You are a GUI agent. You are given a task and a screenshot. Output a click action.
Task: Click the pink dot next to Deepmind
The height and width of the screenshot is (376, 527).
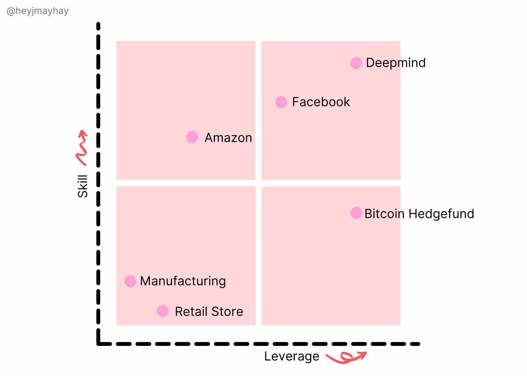pos(356,63)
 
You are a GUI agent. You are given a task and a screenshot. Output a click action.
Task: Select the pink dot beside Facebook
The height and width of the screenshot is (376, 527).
pos(281,102)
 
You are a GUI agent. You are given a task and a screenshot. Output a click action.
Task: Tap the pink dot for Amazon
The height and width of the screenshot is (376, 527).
pos(192,137)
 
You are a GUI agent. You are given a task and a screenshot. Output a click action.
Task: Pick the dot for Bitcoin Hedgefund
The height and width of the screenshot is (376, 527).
pos(356,213)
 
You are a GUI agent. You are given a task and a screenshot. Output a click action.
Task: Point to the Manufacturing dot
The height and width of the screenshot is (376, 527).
pos(130,281)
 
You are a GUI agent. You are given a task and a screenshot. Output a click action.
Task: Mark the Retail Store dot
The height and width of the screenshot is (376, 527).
pos(163,311)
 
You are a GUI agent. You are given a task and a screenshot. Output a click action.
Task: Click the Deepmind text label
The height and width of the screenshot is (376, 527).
pos(396,63)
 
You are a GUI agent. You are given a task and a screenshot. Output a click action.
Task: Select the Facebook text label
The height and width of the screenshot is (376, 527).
pos(321,102)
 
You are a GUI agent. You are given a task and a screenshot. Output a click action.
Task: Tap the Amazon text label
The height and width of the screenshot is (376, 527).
pos(228,138)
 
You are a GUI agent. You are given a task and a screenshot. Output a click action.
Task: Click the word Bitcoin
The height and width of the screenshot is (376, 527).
pos(384,214)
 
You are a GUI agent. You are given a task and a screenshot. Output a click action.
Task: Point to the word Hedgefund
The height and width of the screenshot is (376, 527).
pos(441,214)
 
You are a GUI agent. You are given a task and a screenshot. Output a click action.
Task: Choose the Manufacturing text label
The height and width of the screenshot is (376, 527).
pos(183,281)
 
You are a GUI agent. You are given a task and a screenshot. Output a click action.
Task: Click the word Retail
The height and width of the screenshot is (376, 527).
pos(191,312)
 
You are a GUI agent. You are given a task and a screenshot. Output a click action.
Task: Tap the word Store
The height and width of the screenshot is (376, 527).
pos(227,312)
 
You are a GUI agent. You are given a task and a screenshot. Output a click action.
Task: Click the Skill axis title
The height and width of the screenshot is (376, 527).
pos(82,186)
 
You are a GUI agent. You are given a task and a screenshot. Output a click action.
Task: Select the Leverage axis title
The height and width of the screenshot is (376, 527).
pos(291,356)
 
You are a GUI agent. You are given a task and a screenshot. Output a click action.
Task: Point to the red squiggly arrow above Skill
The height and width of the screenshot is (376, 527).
pos(82,148)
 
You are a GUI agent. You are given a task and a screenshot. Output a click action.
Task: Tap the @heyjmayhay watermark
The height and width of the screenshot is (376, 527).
pos(38,11)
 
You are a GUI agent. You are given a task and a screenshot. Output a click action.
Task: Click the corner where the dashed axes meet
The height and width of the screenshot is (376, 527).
pos(99,343)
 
